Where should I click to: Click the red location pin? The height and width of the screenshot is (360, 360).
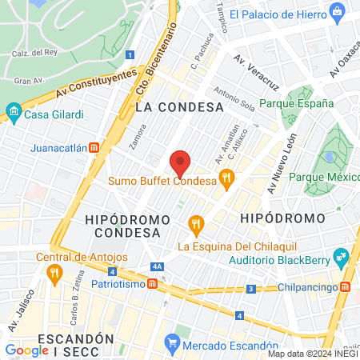181,162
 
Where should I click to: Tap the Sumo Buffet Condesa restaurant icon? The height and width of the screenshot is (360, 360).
227,180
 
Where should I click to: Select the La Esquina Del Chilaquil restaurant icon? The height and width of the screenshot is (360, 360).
193,223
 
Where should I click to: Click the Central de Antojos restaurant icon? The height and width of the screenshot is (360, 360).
54,273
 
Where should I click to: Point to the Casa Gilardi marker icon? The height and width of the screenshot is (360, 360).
12,114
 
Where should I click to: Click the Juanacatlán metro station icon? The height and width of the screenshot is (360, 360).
94,148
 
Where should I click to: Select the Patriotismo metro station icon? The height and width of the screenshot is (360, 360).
162,284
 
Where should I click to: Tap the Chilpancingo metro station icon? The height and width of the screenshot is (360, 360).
345,286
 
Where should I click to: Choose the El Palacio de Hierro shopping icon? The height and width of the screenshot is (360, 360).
339,14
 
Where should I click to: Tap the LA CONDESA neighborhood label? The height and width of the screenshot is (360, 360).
179,106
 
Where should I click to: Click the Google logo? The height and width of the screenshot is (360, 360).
27,350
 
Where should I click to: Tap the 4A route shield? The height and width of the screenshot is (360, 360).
157,266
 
